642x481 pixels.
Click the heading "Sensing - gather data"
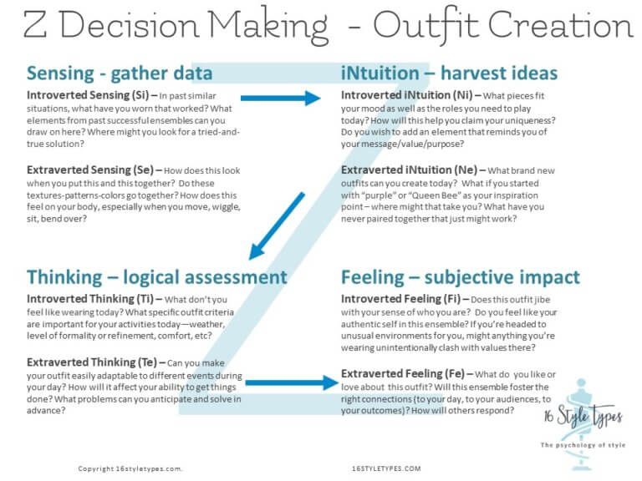coord(120,73)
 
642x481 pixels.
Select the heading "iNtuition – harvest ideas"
coord(449,73)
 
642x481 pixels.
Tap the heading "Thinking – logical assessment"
coord(156,277)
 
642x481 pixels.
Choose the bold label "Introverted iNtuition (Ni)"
coord(404,95)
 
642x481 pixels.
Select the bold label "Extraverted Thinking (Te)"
coord(92,363)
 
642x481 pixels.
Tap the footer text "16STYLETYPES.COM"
coord(387,469)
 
